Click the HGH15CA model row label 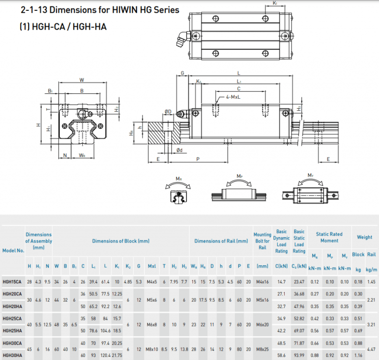(12, 281)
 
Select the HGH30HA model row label (12, 355)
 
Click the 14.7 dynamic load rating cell (281, 281)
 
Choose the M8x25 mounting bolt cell (262, 349)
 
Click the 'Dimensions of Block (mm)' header (120, 241)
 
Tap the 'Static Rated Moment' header (329, 238)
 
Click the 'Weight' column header (364, 238)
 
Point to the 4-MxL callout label (233, 98)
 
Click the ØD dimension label (168, 112)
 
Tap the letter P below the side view (197, 160)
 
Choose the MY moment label (310, 175)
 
